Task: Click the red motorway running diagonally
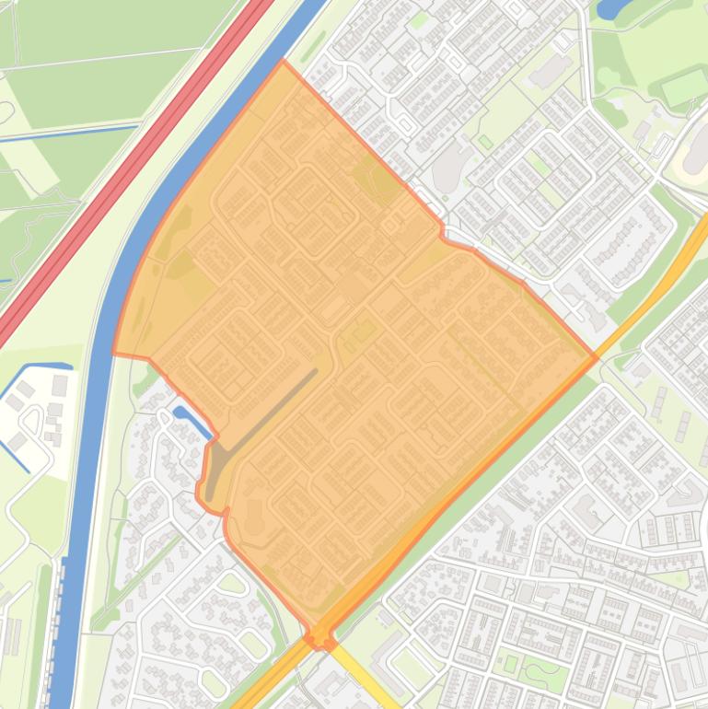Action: point(138,166)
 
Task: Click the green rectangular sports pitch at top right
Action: point(683,87)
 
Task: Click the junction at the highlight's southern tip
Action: point(320,637)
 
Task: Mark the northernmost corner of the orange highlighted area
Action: point(283,62)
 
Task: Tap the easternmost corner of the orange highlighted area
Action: point(597,356)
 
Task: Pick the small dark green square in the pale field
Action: point(485,142)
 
